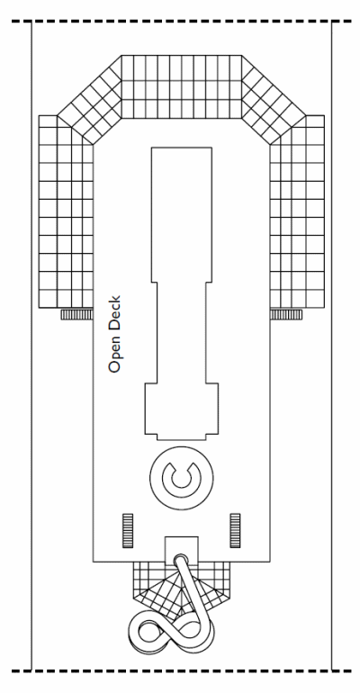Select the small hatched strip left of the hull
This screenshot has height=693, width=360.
coord(76,314)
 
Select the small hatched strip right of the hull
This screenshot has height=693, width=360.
coord(286,314)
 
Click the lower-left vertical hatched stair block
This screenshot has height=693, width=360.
coord(128,530)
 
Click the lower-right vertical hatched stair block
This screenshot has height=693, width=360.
coord(235,530)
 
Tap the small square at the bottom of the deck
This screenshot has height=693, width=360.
coord(181,549)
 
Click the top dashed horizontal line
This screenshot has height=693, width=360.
coord(182,21)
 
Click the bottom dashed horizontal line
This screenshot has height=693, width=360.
coord(182,671)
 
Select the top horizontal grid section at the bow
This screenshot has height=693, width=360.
coord(182,86)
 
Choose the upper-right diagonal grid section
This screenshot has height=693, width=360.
coord(273,99)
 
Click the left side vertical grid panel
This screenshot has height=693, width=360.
coord(66,211)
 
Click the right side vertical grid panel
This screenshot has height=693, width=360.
coord(297,211)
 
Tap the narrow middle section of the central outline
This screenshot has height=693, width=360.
coord(181,332)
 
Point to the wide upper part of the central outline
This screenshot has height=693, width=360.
coord(182,214)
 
